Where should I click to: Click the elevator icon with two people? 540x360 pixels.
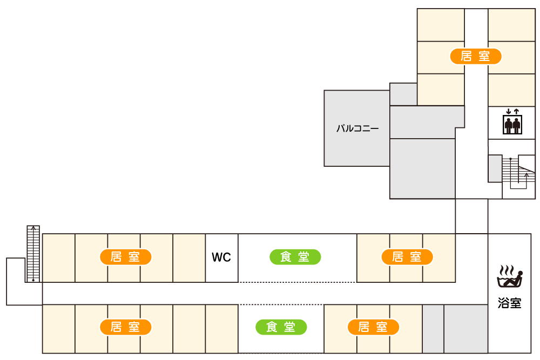click(512, 125)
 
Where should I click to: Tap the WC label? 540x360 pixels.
click(221, 257)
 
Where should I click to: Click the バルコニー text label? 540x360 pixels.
click(357, 128)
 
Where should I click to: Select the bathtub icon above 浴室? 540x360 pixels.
click(510, 276)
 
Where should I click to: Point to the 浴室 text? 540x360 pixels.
click(509, 303)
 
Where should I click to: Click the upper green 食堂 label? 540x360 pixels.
click(295, 257)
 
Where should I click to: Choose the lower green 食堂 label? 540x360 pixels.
click(281, 327)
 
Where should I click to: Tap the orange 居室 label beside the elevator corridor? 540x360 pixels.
click(476, 56)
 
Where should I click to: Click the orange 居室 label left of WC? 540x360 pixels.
click(125, 257)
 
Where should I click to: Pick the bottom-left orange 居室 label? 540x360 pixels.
click(125, 327)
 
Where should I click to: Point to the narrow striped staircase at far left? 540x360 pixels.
click(33, 253)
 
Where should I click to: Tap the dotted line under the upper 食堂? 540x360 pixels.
click(297, 282)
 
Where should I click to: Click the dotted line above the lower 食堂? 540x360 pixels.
click(281, 304)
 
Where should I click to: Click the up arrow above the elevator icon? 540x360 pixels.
click(517, 111)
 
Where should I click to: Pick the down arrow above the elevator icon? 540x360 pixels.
click(509, 111)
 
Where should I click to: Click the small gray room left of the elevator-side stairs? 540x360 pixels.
click(495, 168)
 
